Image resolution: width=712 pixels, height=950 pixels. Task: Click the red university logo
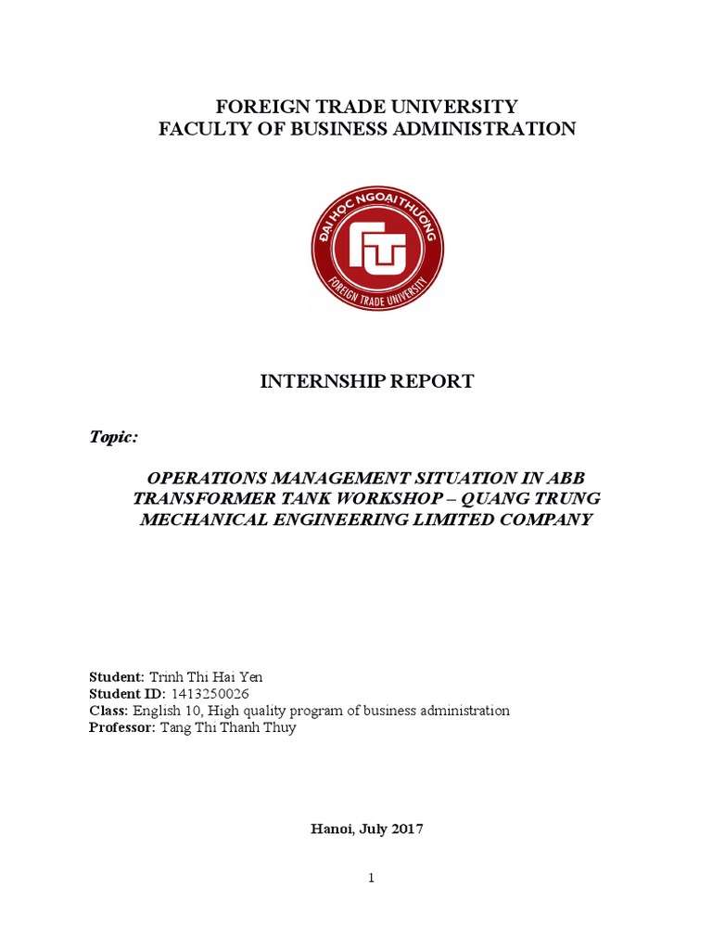tap(377, 248)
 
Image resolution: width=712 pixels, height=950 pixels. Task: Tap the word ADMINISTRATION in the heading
tap(498, 129)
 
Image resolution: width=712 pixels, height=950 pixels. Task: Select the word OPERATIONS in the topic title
tap(208, 479)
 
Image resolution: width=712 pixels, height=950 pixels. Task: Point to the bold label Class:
tap(108, 711)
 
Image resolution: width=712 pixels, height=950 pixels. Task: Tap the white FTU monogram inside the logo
tap(377, 248)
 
